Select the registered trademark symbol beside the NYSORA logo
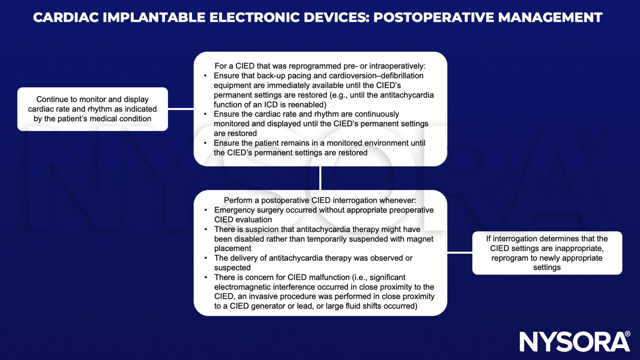[x=627, y=334]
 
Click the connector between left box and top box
[x=181, y=109]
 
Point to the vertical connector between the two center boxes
[x=320, y=178]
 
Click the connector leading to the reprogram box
[x=460, y=252]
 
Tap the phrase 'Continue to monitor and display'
[x=92, y=99]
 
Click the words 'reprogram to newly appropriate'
[x=547, y=258]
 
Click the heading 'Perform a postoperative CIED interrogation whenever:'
[x=320, y=200]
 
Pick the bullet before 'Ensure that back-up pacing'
[x=205, y=76]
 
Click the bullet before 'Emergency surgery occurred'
[x=206, y=210]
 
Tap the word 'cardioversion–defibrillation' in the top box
[x=376, y=76]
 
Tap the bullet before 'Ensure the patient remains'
[x=205, y=143]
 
